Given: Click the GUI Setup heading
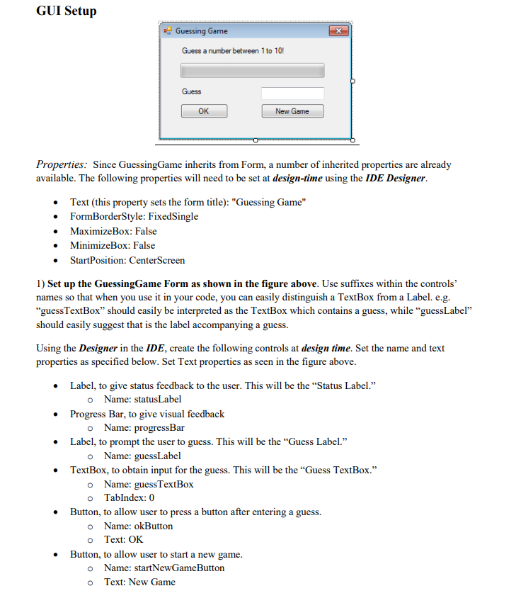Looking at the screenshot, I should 66,11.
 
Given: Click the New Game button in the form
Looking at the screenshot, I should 292,111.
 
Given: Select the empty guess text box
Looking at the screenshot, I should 292,93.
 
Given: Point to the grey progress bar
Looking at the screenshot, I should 253,70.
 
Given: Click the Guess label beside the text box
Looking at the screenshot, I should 192,92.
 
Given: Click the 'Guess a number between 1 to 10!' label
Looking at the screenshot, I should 233,51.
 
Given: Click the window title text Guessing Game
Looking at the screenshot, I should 202,31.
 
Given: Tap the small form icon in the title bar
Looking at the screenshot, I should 168,31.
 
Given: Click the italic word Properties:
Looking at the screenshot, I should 62,165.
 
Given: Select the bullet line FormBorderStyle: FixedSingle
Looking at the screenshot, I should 134,216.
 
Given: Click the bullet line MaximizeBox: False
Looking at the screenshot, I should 113,231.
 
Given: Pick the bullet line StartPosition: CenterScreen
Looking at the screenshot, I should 127,260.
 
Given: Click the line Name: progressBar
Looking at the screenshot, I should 144,427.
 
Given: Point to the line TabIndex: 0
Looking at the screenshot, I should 129,497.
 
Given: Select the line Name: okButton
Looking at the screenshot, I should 138,526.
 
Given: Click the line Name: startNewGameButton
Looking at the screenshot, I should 164,568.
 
